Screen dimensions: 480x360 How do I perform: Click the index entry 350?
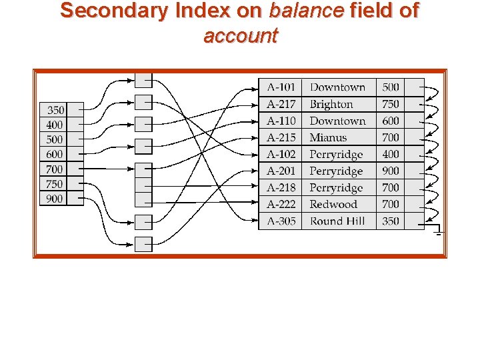tap(56, 110)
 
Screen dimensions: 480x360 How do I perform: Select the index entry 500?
tap(55, 139)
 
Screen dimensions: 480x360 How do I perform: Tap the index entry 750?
tap(55, 184)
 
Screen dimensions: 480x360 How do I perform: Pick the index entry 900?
tap(55, 199)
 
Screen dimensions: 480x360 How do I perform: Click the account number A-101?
tap(281, 87)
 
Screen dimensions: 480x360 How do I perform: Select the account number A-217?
tap(281, 104)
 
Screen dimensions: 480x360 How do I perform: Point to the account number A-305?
tap(281, 221)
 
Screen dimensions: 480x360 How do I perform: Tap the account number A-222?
tap(281, 205)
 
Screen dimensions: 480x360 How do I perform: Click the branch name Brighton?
tap(331, 104)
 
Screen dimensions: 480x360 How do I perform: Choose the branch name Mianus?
tap(328, 137)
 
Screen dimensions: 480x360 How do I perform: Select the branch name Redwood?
tap(333, 205)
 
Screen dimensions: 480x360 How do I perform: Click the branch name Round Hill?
tap(337, 221)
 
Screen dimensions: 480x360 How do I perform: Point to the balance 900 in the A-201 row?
tap(391, 171)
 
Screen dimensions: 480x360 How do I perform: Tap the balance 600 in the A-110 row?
tap(391, 121)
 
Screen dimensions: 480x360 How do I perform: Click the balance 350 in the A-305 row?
tap(391, 221)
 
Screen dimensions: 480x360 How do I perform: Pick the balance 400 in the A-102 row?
tap(391, 154)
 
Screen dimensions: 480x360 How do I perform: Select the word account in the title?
tap(240, 35)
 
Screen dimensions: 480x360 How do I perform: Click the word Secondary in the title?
tap(109, 11)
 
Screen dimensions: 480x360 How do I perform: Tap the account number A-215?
tap(281, 137)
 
